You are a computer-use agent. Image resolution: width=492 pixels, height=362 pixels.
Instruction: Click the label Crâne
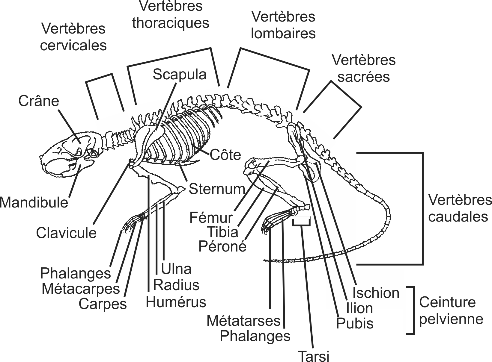(39, 101)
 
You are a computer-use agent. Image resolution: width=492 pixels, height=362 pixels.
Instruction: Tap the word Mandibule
(34, 203)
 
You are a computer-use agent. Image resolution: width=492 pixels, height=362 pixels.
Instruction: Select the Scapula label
(179, 75)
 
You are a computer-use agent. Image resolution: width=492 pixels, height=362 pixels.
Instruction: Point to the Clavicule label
(66, 233)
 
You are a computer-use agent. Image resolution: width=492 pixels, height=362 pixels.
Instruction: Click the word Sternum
(217, 189)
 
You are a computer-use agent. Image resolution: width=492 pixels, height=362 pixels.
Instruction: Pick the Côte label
(225, 155)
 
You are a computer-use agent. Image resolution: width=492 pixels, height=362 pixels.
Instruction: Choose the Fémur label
(211, 218)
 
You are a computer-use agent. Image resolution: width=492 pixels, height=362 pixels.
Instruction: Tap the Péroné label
(222, 246)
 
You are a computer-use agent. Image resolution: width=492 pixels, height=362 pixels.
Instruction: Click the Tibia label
(223, 232)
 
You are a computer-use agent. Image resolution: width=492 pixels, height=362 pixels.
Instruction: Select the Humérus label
(176, 302)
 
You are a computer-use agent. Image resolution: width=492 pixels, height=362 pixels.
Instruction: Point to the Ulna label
(176, 269)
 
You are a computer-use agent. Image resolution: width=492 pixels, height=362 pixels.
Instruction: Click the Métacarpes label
(81, 289)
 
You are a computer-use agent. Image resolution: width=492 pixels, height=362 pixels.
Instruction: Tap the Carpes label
(103, 304)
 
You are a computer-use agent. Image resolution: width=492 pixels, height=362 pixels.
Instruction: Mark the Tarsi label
(314, 356)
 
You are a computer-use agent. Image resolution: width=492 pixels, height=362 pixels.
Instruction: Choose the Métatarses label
(243, 321)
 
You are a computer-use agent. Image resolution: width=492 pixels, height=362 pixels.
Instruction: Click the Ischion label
(376, 293)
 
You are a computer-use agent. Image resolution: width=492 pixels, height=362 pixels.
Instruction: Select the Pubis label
(355, 323)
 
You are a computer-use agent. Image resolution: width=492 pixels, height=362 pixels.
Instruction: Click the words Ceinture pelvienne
(451, 310)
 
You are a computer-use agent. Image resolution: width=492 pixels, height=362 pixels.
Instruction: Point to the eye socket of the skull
(94, 154)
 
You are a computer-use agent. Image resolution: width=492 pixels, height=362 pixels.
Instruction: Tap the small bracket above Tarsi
(301, 222)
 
